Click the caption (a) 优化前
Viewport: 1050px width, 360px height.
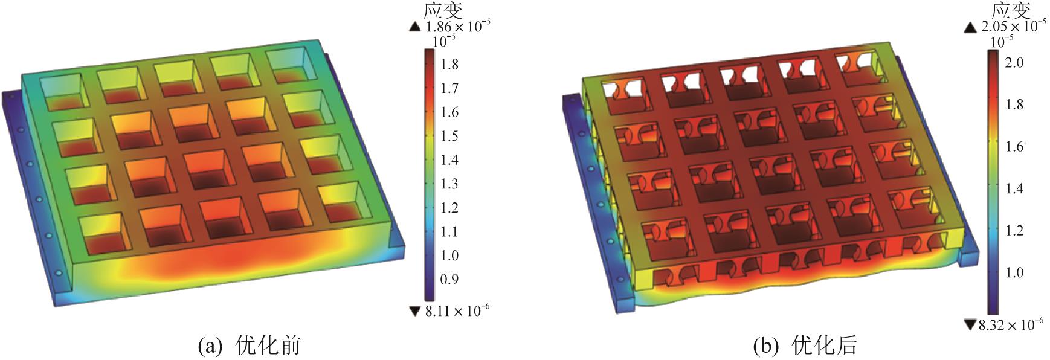click(x=250, y=346)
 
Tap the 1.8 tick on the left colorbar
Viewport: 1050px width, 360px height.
click(x=449, y=64)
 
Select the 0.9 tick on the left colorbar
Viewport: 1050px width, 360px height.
click(x=449, y=279)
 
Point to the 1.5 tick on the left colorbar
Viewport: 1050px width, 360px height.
click(x=449, y=136)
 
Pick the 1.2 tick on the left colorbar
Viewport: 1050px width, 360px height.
click(x=449, y=208)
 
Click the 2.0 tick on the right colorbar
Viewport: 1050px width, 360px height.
click(x=1013, y=62)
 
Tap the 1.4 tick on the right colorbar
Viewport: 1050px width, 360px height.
click(x=1013, y=188)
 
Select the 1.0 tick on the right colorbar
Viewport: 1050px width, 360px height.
click(x=1013, y=272)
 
